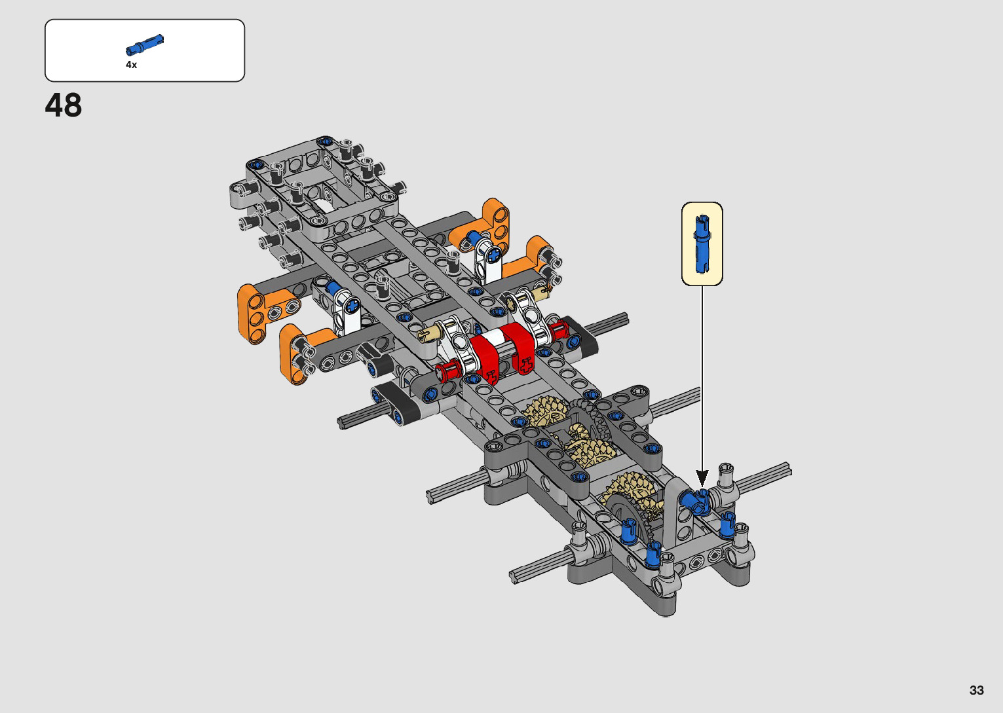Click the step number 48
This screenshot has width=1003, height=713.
[x=63, y=105]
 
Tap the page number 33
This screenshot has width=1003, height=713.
[x=977, y=689]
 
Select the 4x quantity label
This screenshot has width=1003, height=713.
[x=131, y=65]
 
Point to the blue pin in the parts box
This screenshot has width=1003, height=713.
[x=145, y=45]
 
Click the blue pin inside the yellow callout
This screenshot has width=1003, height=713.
[x=702, y=244]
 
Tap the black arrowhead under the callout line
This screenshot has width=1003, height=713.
[x=702, y=479]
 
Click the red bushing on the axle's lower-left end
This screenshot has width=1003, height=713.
[x=447, y=371]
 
